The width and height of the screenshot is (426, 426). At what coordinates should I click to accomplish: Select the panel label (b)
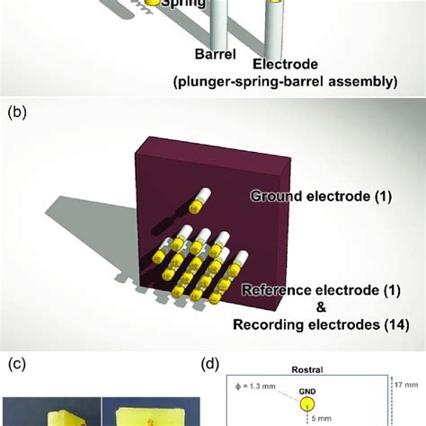(x=16, y=113)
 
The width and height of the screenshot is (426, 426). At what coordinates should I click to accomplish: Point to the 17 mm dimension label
(x=406, y=384)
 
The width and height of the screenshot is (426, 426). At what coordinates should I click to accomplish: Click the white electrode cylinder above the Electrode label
(x=272, y=27)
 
